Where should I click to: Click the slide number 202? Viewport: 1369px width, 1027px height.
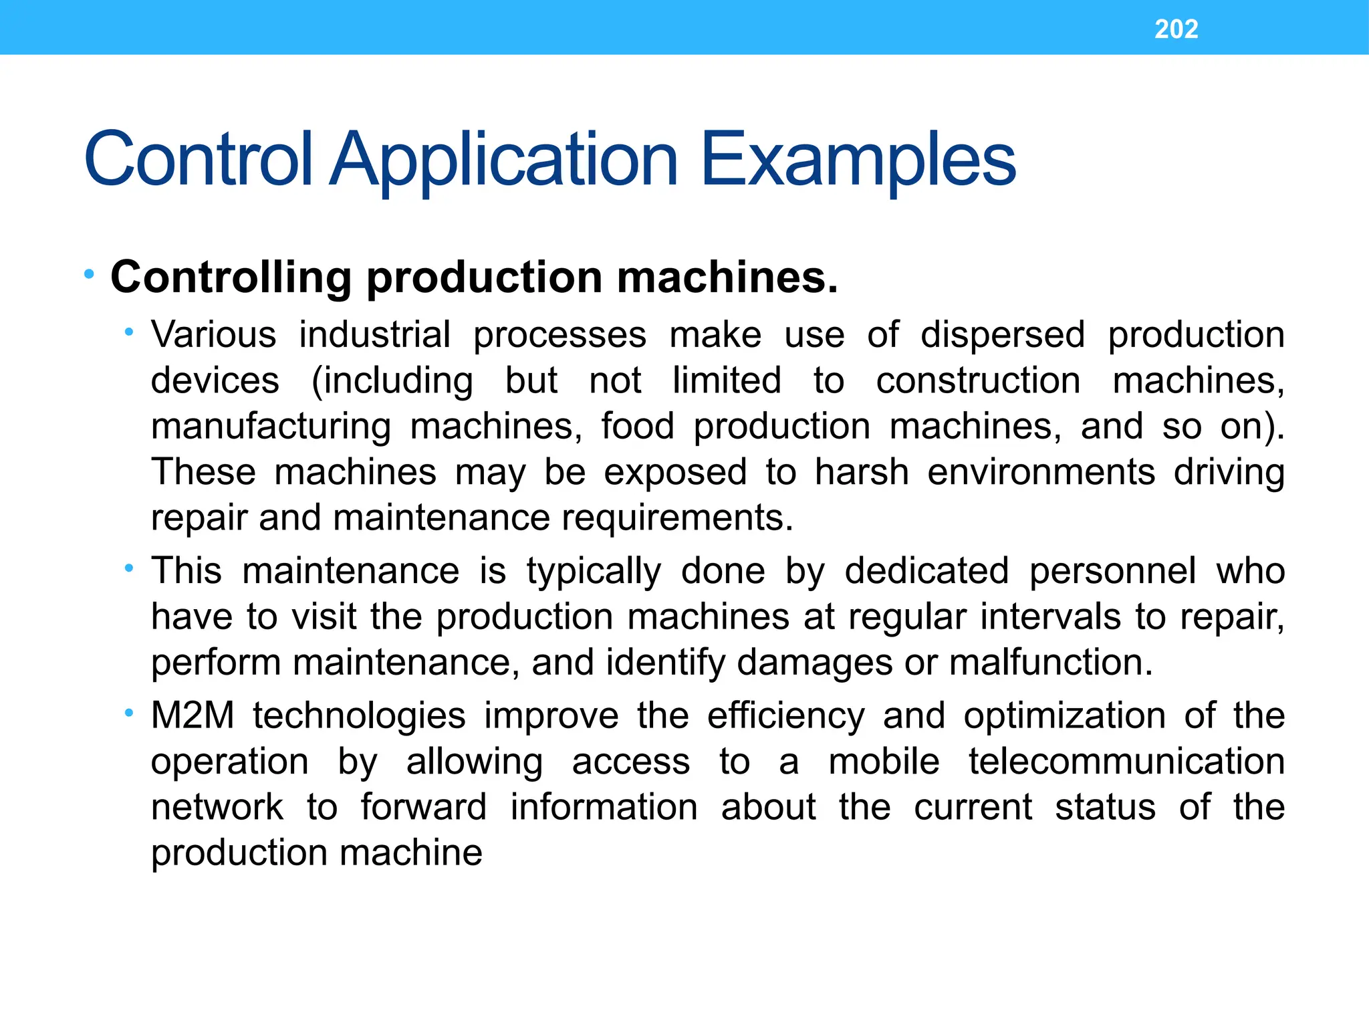[x=1176, y=29]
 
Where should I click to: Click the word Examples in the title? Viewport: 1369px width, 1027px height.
[x=858, y=160]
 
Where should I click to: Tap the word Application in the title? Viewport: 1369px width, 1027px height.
[x=505, y=161]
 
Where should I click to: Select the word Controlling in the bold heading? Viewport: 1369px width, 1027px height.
[x=231, y=277]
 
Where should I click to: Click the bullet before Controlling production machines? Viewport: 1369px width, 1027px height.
[x=90, y=274]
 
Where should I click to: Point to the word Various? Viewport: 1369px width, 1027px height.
[x=213, y=334]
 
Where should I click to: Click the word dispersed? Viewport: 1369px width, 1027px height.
[x=1002, y=336]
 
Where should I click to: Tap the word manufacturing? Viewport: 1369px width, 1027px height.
[x=271, y=427]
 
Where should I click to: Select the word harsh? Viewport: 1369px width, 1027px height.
[x=862, y=471]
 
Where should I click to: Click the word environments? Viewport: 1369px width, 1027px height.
[x=1041, y=472]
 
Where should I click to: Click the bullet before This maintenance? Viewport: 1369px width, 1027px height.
[x=129, y=568]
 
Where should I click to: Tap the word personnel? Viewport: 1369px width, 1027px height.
[x=1112, y=572]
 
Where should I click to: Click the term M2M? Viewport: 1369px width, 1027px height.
[x=193, y=715]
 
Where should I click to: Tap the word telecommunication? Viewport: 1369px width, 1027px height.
[x=1126, y=762]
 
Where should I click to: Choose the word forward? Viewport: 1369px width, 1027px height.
[x=423, y=807]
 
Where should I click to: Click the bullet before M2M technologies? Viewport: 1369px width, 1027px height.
[x=129, y=713]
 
